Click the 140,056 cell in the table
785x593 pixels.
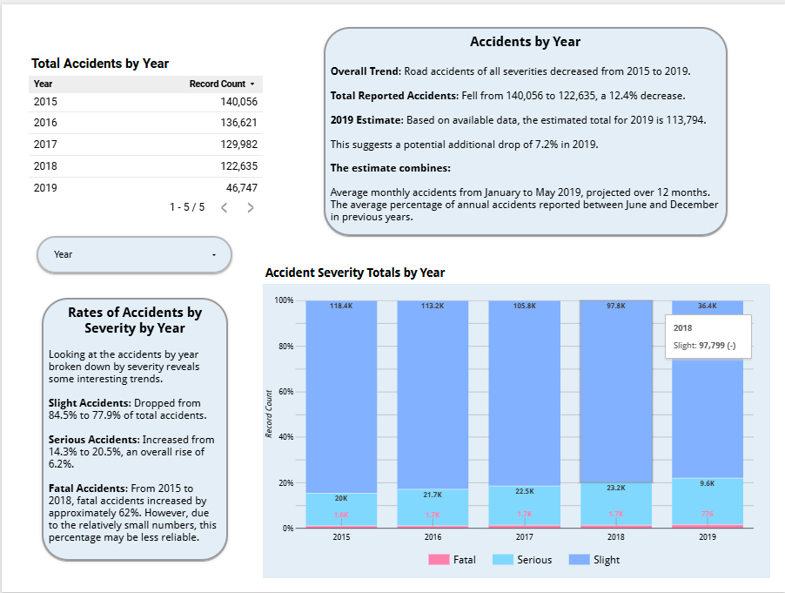(x=238, y=102)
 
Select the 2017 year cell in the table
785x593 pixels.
(x=45, y=145)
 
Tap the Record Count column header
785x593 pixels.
(x=218, y=84)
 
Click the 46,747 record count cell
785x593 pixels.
(x=242, y=187)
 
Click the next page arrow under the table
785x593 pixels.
(x=251, y=208)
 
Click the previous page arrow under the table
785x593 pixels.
(x=224, y=208)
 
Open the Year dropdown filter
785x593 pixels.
(x=134, y=255)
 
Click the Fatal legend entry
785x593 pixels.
(x=453, y=560)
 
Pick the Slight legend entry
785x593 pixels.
(x=595, y=560)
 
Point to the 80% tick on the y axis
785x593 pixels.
(x=284, y=347)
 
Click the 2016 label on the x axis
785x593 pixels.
(x=433, y=538)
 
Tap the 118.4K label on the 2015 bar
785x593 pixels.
(x=341, y=307)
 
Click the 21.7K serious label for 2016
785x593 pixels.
(x=433, y=495)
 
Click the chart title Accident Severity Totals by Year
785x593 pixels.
(x=354, y=273)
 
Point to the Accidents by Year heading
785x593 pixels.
(x=525, y=42)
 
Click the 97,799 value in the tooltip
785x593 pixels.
(x=713, y=346)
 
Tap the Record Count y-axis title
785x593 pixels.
(x=270, y=414)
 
